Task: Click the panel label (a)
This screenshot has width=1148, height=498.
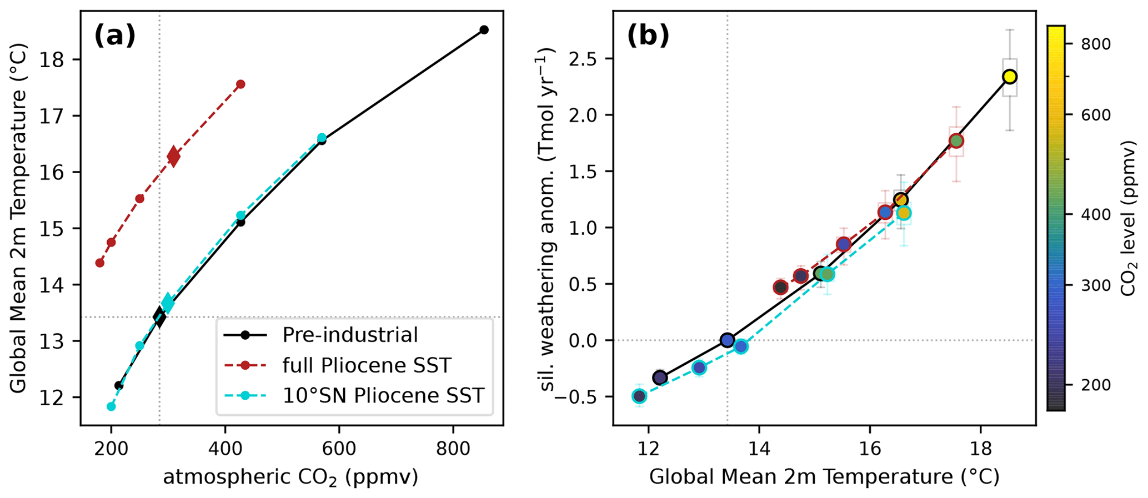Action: pos(115,37)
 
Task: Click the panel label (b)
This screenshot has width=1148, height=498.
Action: pos(648,37)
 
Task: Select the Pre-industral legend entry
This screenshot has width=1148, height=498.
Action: pos(350,335)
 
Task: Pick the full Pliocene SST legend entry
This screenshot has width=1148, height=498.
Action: pos(367,365)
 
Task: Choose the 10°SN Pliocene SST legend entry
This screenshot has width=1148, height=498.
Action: pos(383,395)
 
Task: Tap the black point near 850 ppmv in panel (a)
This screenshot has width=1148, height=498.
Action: pos(484,29)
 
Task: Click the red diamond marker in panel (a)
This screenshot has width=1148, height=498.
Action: pos(173,157)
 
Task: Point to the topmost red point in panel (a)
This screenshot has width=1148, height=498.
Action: pos(240,84)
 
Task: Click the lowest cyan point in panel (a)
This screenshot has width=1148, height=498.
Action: pos(111,406)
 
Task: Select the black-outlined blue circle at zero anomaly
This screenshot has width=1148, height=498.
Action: pos(728,340)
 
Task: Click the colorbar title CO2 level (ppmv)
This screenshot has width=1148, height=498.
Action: pos(1127,218)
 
